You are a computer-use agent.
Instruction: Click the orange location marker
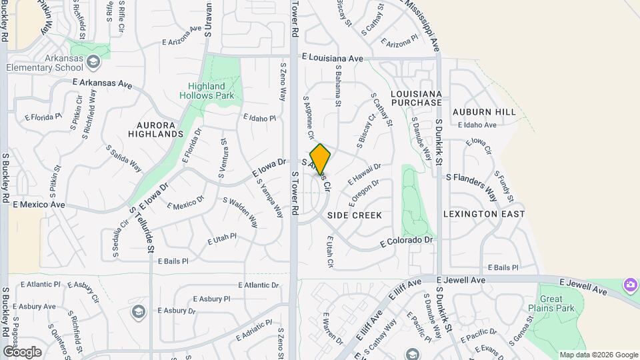pyautogui.click(x=320, y=159)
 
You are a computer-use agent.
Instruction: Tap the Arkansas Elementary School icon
pyautogui.click(x=94, y=63)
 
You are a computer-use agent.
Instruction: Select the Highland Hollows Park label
pyautogui.click(x=206, y=91)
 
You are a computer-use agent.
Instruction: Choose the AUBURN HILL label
pyautogui.click(x=484, y=112)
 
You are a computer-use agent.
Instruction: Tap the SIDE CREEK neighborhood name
pyautogui.click(x=355, y=215)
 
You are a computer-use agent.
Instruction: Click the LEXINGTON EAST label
pyautogui.click(x=484, y=214)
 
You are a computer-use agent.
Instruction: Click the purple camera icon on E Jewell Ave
pyautogui.click(x=630, y=285)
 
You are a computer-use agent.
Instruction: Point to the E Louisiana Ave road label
pyautogui.click(x=332, y=58)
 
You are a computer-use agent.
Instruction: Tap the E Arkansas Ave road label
pyautogui.click(x=103, y=84)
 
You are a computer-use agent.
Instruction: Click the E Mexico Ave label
pyautogui.click(x=39, y=204)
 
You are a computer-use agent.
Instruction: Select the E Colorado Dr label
pyautogui.click(x=407, y=240)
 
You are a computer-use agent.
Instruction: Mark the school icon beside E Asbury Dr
pyautogui.click(x=139, y=311)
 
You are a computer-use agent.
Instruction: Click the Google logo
pyautogui.click(x=22, y=351)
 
